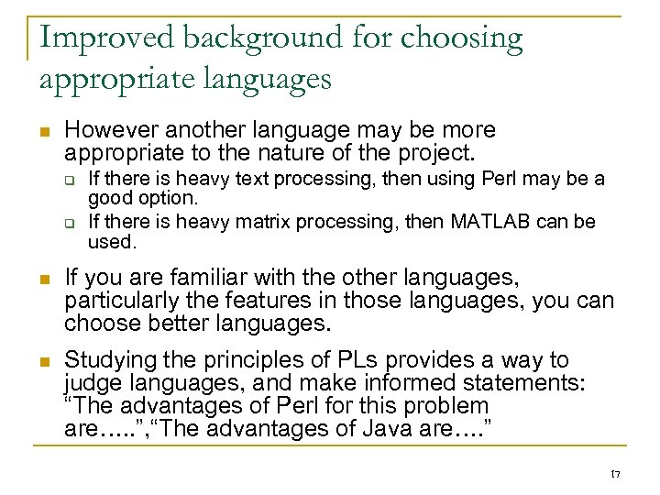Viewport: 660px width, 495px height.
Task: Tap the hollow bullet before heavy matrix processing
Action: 69,223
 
